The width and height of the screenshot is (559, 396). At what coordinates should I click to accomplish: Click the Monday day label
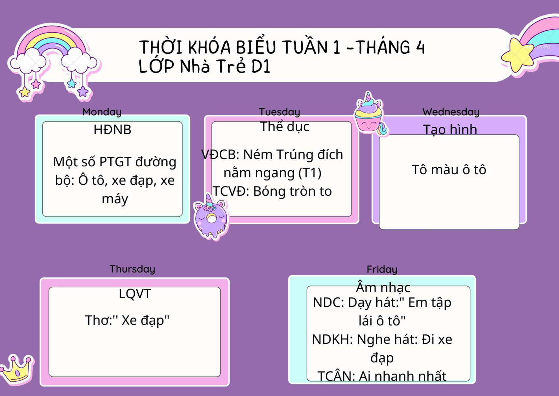coord(102,112)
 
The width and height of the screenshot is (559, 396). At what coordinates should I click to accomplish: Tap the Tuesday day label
coord(279,112)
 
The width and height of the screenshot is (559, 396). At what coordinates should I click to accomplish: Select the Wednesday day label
coord(451,112)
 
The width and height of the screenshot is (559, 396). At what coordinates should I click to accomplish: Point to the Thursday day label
coord(132,269)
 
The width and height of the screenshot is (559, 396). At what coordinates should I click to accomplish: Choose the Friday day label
coord(382,269)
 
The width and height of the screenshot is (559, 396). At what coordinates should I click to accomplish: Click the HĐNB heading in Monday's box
coord(113,129)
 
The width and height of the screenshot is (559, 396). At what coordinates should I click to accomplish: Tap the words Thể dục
coord(285,126)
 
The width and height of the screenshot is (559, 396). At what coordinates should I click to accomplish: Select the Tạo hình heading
coord(450,129)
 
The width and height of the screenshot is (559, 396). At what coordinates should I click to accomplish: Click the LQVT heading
coord(135,293)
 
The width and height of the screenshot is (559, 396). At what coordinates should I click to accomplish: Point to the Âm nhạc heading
coord(383,287)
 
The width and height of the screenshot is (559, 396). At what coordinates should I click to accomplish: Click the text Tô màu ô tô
coord(449,170)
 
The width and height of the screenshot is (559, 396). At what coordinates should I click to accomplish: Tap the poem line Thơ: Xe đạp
coord(127,320)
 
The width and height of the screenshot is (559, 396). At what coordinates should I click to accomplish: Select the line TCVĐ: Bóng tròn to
coord(272,191)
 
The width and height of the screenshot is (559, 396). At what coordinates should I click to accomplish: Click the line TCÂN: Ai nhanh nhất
coord(382,376)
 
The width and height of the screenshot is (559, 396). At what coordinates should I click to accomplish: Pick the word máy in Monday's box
coord(115,199)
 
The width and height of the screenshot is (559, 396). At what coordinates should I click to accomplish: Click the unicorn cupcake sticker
coord(370,114)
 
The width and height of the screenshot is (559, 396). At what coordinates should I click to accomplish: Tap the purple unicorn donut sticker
coord(211,216)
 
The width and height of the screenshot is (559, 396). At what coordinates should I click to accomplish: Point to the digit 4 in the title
coord(420,47)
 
